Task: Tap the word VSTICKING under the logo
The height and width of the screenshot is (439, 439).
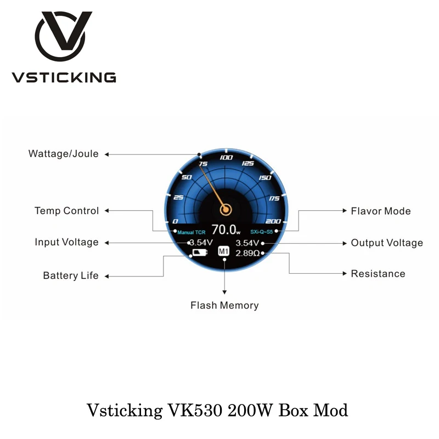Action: point(64,77)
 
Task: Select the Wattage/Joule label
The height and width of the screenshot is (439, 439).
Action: point(64,154)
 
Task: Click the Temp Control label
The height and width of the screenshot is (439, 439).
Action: point(67,211)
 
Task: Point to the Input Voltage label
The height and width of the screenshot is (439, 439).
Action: point(67,243)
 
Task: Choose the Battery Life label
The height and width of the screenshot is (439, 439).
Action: point(71,275)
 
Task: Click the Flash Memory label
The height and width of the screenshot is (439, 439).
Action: point(224,306)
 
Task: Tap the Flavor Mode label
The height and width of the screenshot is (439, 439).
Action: point(381,211)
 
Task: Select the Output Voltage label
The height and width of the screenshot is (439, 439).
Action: point(387,243)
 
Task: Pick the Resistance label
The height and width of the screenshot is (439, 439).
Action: point(378,274)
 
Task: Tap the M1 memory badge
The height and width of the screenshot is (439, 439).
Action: point(223,252)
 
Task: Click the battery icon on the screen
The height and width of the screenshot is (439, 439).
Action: point(199,253)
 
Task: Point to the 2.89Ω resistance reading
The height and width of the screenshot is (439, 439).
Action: point(248,253)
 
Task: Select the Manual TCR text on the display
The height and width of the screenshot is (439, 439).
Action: point(192,232)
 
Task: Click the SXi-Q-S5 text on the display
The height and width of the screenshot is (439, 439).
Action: point(262,232)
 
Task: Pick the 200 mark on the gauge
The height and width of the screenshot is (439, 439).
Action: point(273,221)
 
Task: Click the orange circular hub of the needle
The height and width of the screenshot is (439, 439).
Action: point(226,209)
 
